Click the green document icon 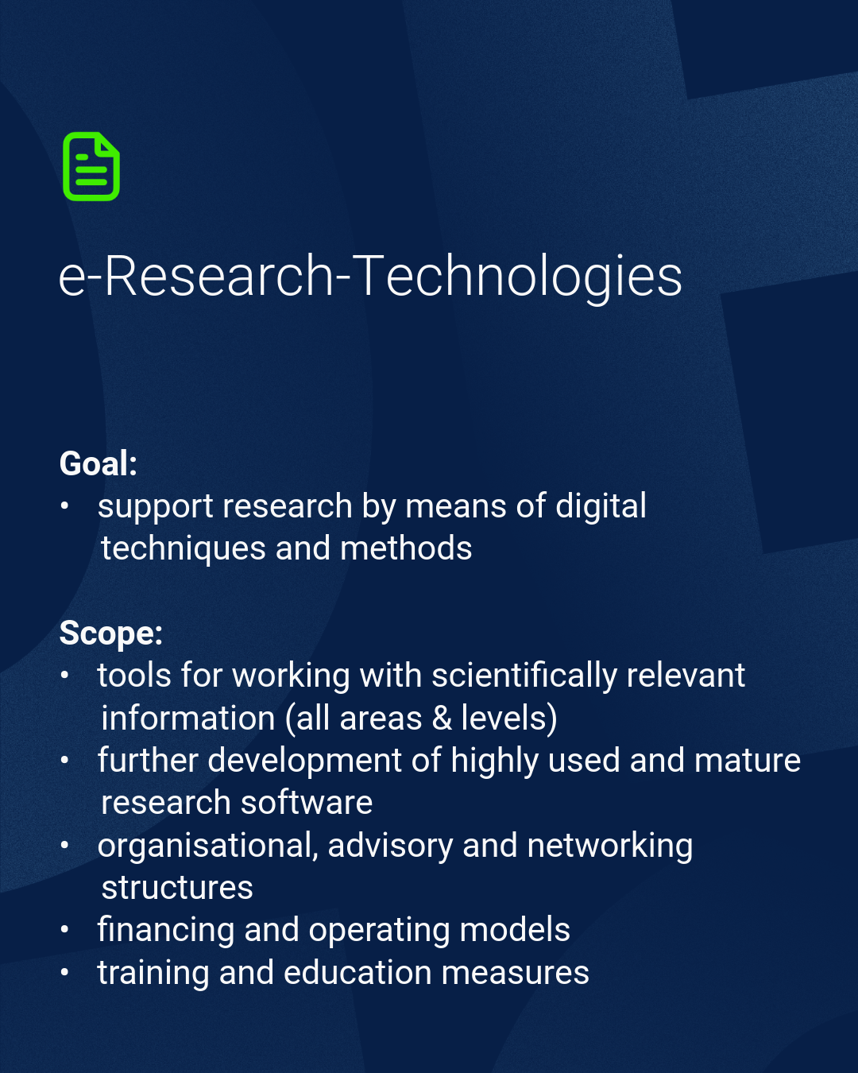91,167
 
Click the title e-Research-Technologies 370,277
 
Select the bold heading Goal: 99,463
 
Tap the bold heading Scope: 110,633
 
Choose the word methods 406,548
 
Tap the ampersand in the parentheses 442,719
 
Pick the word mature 748,761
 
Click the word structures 177,889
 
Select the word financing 166,932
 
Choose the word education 357,974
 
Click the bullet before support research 64,506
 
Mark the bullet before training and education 64,972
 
